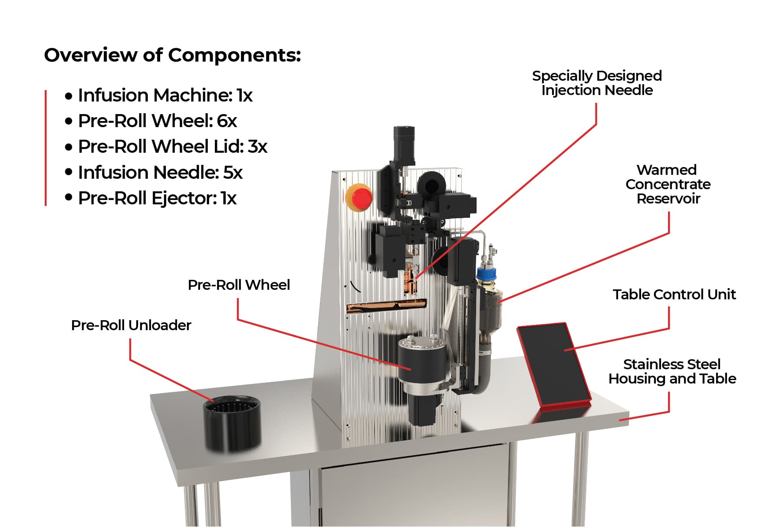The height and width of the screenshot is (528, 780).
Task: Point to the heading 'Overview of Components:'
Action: [172, 56]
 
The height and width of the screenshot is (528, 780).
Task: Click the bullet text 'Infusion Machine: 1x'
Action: [165, 95]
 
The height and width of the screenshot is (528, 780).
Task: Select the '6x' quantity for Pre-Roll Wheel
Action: [227, 121]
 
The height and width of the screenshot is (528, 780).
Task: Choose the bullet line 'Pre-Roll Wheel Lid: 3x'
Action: [172, 147]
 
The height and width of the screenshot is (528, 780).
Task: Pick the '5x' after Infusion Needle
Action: [233, 173]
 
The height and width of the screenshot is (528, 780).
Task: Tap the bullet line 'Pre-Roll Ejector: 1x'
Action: [157, 198]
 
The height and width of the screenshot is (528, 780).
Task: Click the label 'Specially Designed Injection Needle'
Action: [597, 83]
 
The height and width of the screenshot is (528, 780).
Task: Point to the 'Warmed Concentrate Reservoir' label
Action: [668, 184]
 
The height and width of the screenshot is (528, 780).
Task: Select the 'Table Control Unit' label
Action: [674, 295]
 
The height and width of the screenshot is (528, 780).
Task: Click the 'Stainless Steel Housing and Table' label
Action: [672, 371]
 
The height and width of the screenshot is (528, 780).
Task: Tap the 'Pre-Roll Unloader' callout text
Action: [131, 325]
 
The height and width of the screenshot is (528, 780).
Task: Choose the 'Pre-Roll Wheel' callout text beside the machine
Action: [239, 285]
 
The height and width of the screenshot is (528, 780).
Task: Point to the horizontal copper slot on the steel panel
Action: [386, 306]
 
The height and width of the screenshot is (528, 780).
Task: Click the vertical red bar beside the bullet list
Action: [46, 148]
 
